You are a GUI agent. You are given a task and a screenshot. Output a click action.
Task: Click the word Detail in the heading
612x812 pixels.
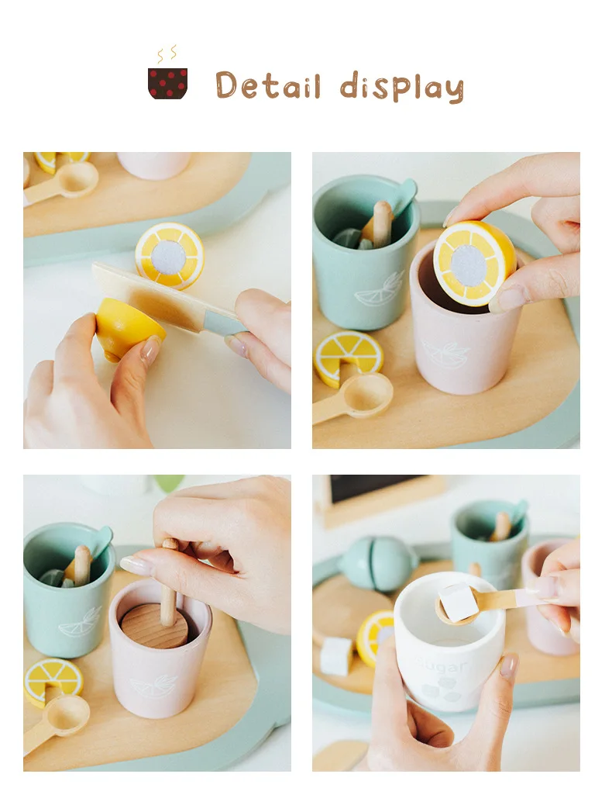(x=267, y=86)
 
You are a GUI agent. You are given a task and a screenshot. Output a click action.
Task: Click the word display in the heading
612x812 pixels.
(x=401, y=87)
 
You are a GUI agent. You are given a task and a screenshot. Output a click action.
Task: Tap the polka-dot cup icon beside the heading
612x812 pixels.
(x=167, y=83)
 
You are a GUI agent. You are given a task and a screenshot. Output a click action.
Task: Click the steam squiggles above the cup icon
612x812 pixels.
(x=167, y=54)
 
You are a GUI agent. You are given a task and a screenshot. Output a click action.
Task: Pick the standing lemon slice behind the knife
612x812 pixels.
(x=170, y=254)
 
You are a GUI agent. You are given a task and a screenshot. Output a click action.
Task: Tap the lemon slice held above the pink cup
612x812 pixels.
(x=474, y=263)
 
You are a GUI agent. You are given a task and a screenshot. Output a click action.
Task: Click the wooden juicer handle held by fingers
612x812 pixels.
(x=167, y=589)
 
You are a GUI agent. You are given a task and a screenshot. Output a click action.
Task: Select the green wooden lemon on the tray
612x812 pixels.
(x=377, y=562)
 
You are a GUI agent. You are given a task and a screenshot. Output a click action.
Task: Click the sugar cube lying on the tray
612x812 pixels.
(x=336, y=656)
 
